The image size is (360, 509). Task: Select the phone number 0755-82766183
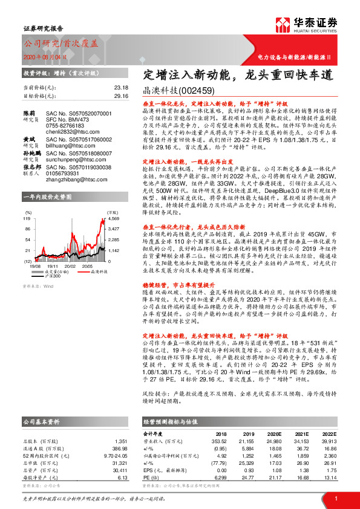(63, 125)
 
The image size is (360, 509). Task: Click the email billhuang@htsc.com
(67, 145)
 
